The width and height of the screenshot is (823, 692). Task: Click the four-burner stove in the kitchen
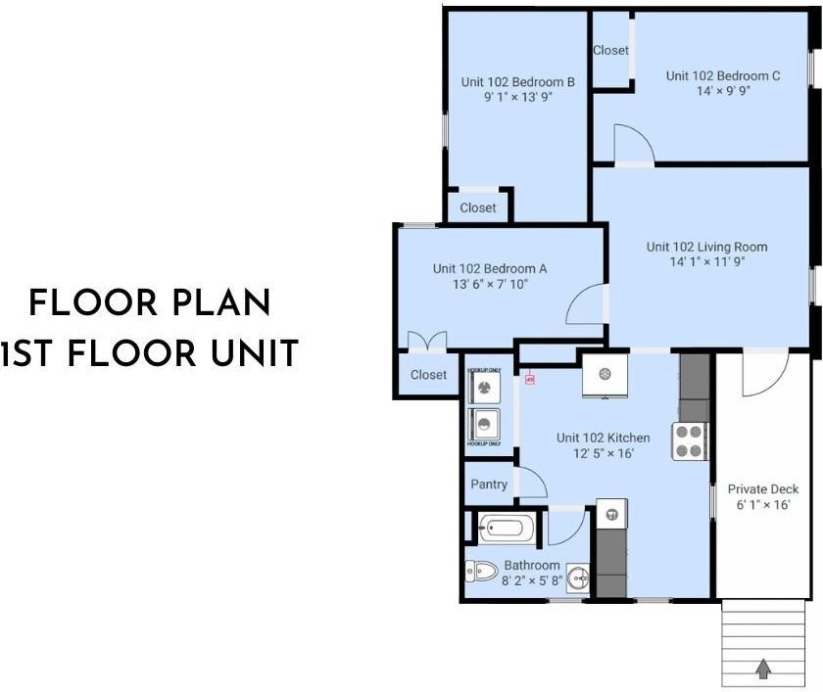(690, 441)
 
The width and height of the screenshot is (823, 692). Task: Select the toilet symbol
(481, 570)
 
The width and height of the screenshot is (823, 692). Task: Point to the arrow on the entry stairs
(762, 669)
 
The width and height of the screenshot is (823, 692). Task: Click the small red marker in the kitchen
(530, 377)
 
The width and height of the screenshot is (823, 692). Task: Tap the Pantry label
(489, 484)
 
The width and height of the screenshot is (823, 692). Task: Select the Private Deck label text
(763, 489)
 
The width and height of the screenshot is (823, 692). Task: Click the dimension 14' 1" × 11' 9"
(706, 263)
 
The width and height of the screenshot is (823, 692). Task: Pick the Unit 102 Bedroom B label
(517, 81)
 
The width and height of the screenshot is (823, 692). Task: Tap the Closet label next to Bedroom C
(610, 50)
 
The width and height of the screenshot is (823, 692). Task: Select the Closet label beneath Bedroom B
(478, 208)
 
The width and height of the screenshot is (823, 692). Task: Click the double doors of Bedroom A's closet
(427, 342)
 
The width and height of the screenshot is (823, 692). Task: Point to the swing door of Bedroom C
(633, 145)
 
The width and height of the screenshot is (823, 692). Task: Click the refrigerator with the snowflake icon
(605, 374)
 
